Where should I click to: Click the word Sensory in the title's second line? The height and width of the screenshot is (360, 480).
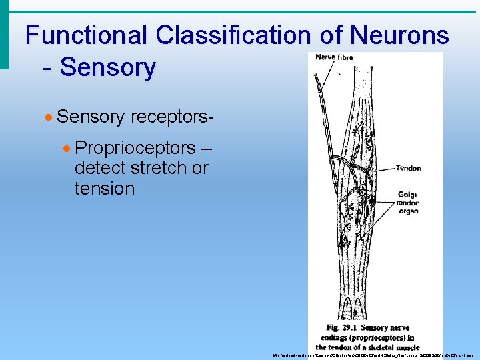click(x=108, y=67)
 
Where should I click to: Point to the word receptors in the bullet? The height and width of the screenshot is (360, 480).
click(x=172, y=117)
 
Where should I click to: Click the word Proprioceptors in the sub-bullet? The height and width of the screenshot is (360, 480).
click(x=135, y=147)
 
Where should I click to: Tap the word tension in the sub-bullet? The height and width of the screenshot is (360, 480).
click(x=105, y=189)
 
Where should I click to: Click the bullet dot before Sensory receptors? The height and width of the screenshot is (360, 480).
click(x=49, y=117)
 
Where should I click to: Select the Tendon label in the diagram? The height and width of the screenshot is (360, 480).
click(x=408, y=168)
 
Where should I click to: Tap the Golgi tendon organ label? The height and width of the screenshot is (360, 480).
click(x=407, y=201)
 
